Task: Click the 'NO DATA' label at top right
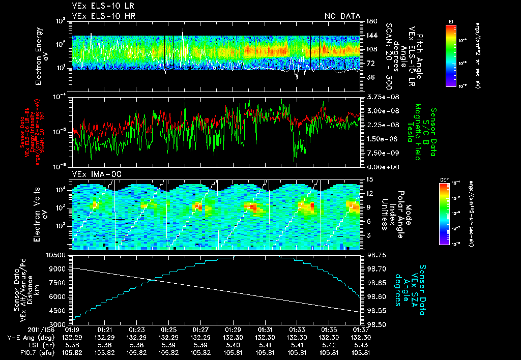[x=342, y=16]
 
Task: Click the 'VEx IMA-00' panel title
[x=93, y=174]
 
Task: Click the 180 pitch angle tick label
[x=370, y=21]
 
